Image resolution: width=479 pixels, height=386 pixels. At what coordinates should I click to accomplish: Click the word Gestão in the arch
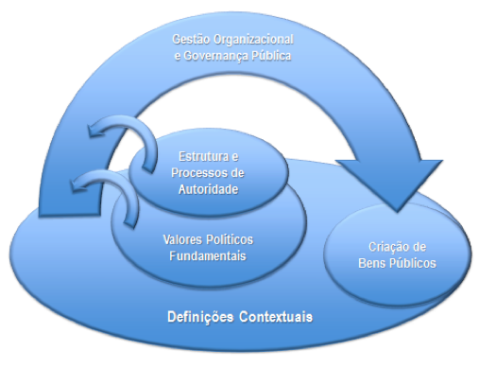(x=191, y=40)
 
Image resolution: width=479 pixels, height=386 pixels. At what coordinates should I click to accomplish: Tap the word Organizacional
(x=253, y=40)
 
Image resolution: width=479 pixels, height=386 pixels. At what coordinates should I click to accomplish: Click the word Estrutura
(x=204, y=156)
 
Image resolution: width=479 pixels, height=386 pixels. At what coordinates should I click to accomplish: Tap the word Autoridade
(x=208, y=189)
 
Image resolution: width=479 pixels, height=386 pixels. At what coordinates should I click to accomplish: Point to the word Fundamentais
(x=208, y=255)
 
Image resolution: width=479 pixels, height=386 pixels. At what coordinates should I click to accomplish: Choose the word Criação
(x=386, y=247)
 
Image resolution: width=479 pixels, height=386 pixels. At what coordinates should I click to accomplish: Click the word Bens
(x=372, y=263)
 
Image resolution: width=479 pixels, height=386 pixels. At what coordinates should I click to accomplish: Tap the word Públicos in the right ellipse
(x=413, y=263)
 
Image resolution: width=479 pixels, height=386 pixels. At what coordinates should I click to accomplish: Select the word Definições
(x=200, y=317)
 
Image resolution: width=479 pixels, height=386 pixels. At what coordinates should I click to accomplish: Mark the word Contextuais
(x=276, y=317)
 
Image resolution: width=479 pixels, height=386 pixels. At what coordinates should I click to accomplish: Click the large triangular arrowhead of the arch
(x=390, y=181)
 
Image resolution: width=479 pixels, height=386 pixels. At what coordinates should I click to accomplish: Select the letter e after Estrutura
(x=235, y=157)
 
